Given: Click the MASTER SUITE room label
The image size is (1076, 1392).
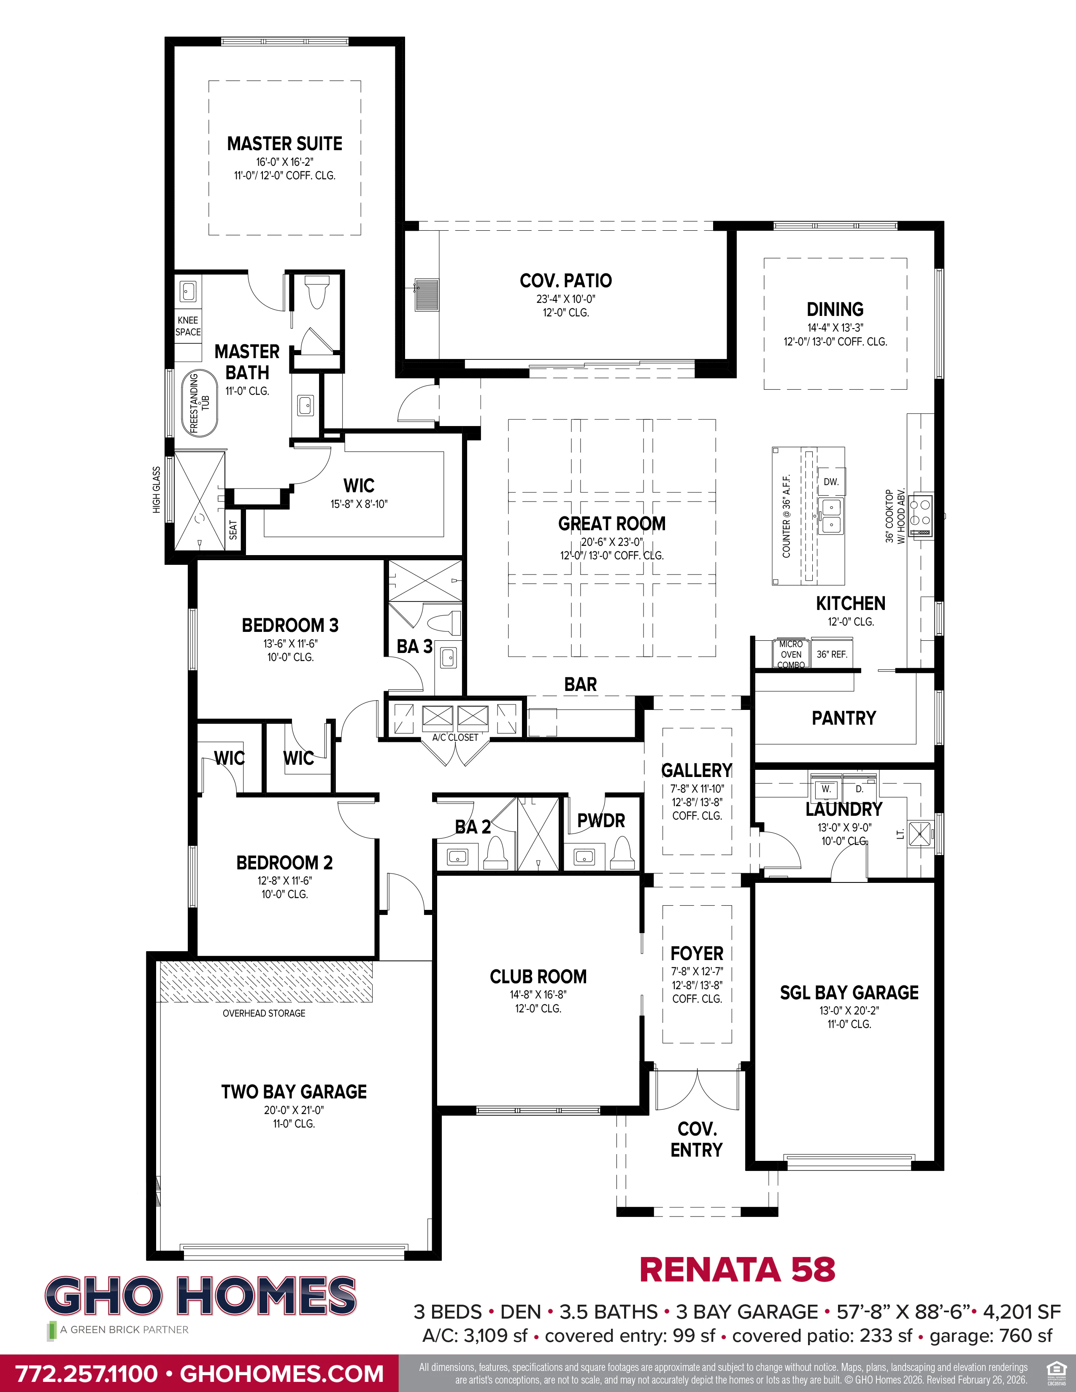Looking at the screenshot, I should [284, 143].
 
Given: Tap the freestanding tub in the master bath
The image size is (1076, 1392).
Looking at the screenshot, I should [199, 403].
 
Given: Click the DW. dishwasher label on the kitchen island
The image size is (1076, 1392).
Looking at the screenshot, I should [830, 482].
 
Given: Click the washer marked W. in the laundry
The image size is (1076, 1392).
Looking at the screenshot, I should [826, 789].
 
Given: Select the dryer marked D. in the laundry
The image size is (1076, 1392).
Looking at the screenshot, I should [859, 789].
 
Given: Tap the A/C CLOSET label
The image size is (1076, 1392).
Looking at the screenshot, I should [455, 737].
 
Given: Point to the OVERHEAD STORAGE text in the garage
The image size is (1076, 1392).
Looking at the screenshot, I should [264, 1013].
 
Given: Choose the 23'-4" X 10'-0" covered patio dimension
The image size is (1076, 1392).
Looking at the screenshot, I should [565, 299].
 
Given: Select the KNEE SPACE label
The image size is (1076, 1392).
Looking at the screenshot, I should [188, 326].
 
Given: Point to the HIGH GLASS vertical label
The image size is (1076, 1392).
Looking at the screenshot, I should [156, 489].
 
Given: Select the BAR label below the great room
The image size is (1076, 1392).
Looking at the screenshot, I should [580, 685].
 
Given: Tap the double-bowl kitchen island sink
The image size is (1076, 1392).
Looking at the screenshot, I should [830, 516].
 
